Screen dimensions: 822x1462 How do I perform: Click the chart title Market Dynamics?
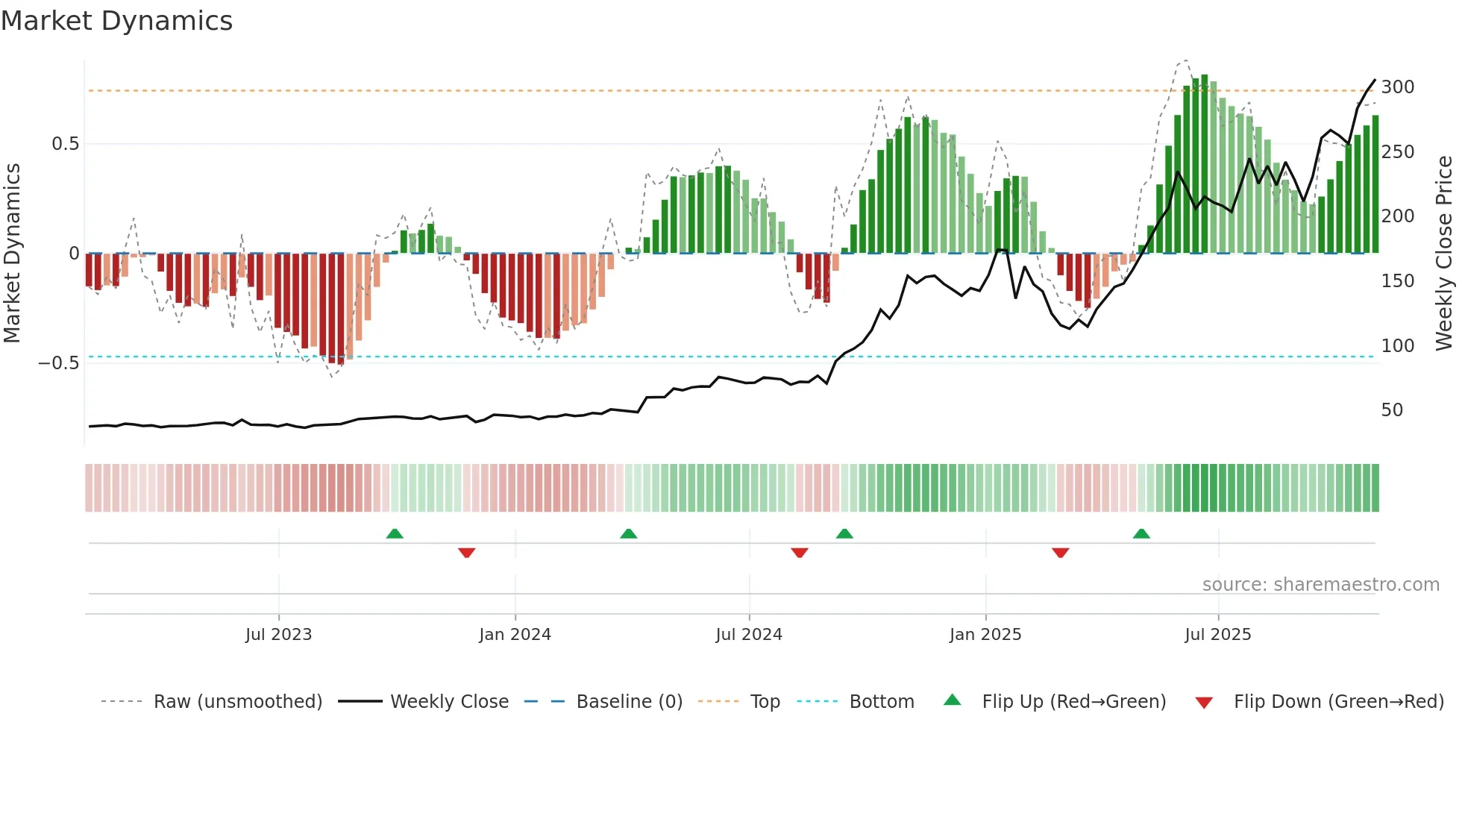tap(116, 21)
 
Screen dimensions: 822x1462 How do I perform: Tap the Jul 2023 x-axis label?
tap(278, 635)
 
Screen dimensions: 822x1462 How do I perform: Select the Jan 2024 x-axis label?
tap(515, 635)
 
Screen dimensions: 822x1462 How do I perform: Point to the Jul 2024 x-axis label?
tap(749, 635)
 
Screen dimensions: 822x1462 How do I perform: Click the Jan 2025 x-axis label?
tap(985, 635)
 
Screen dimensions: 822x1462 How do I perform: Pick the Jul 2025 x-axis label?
tap(1218, 635)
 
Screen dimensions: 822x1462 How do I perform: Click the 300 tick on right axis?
tap(1397, 87)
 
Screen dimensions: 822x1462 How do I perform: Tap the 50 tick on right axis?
tap(1392, 410)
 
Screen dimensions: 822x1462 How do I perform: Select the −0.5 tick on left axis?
tap(58, 363)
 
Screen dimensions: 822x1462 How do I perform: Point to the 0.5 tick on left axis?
tap(65, 144)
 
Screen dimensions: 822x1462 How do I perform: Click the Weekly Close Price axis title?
tap(1444, 254)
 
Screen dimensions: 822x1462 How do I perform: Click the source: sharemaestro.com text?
tap(1320, 585)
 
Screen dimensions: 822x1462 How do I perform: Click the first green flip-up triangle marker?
tap(395, 533)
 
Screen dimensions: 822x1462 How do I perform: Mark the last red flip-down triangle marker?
tap(1060, 553)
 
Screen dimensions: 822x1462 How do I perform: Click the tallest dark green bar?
tap(1205, 164)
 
